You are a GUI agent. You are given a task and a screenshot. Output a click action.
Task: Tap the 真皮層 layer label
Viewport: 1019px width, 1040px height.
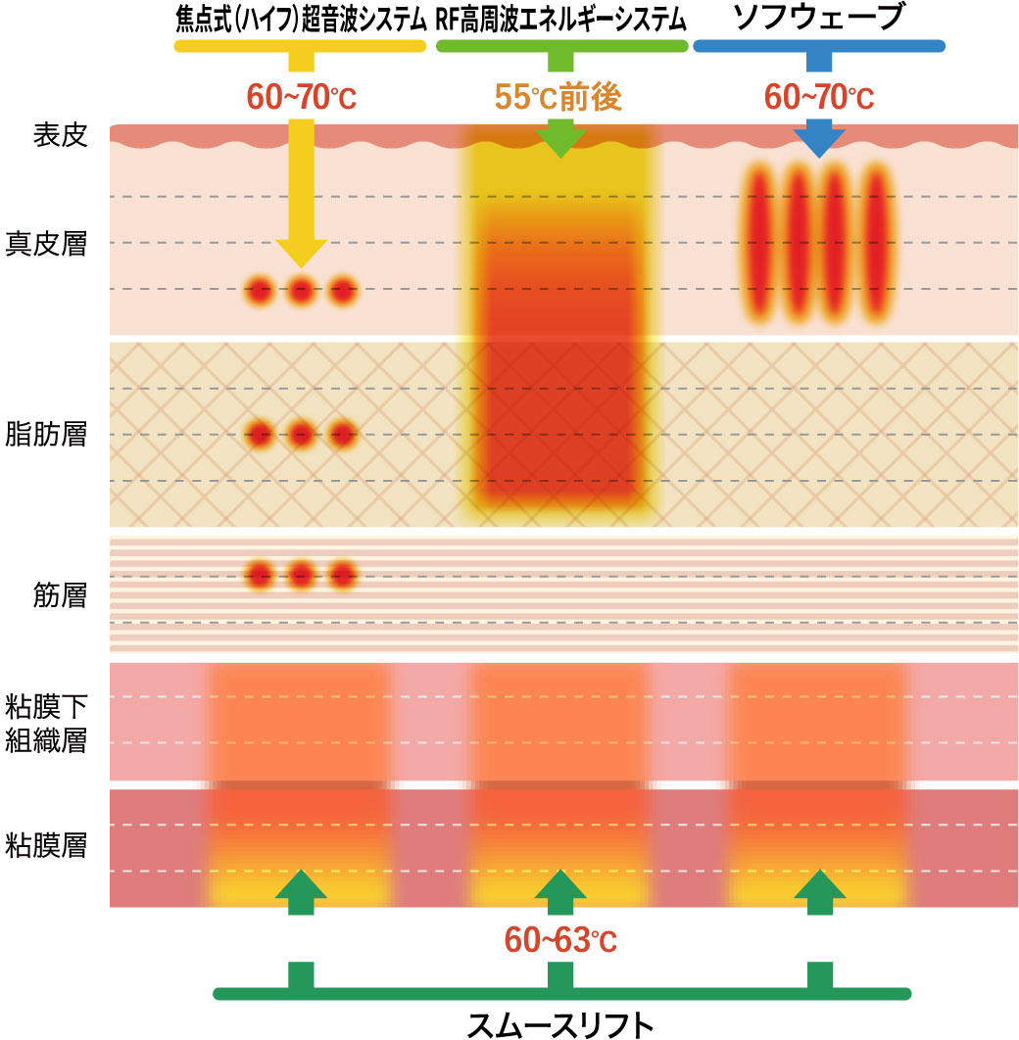[x=61, y=242]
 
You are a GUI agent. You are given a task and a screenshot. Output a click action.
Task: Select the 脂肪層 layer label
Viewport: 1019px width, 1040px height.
[x=61, y=434]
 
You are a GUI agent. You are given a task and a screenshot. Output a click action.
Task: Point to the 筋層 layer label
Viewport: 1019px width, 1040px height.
[x=61, y=593]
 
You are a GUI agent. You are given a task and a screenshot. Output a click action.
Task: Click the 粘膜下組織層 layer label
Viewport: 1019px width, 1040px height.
[x=61, y=723]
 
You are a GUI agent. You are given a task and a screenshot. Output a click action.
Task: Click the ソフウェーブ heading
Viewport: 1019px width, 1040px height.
[x=818, y=19]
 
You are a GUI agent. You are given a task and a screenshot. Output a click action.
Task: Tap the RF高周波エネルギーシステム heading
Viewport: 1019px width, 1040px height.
[x=561, y=20]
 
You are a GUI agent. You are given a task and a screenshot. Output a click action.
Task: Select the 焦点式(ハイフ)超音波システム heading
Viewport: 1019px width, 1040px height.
[x=302, y=20]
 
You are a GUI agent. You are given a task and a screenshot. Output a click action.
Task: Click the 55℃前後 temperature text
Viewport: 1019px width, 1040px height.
[x=559, y=98]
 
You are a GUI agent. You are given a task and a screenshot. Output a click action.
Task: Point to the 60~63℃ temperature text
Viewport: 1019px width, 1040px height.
[x=559, y=941]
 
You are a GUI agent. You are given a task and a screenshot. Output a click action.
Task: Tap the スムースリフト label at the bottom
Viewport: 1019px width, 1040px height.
[x=560, y=1023]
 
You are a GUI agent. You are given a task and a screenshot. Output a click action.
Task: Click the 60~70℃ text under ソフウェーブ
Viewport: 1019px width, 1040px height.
[x=819, y=98]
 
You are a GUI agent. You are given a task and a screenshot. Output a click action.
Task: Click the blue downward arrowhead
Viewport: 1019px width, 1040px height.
[x=818, y=143]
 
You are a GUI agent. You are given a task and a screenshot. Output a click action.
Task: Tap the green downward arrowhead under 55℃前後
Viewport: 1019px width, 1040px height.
[x=559, y=142]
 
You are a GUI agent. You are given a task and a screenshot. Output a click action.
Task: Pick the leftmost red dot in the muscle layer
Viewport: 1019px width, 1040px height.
[x=260, y=574]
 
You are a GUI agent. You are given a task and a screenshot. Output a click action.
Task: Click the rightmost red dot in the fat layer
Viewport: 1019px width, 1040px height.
[x=342, y=433]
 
